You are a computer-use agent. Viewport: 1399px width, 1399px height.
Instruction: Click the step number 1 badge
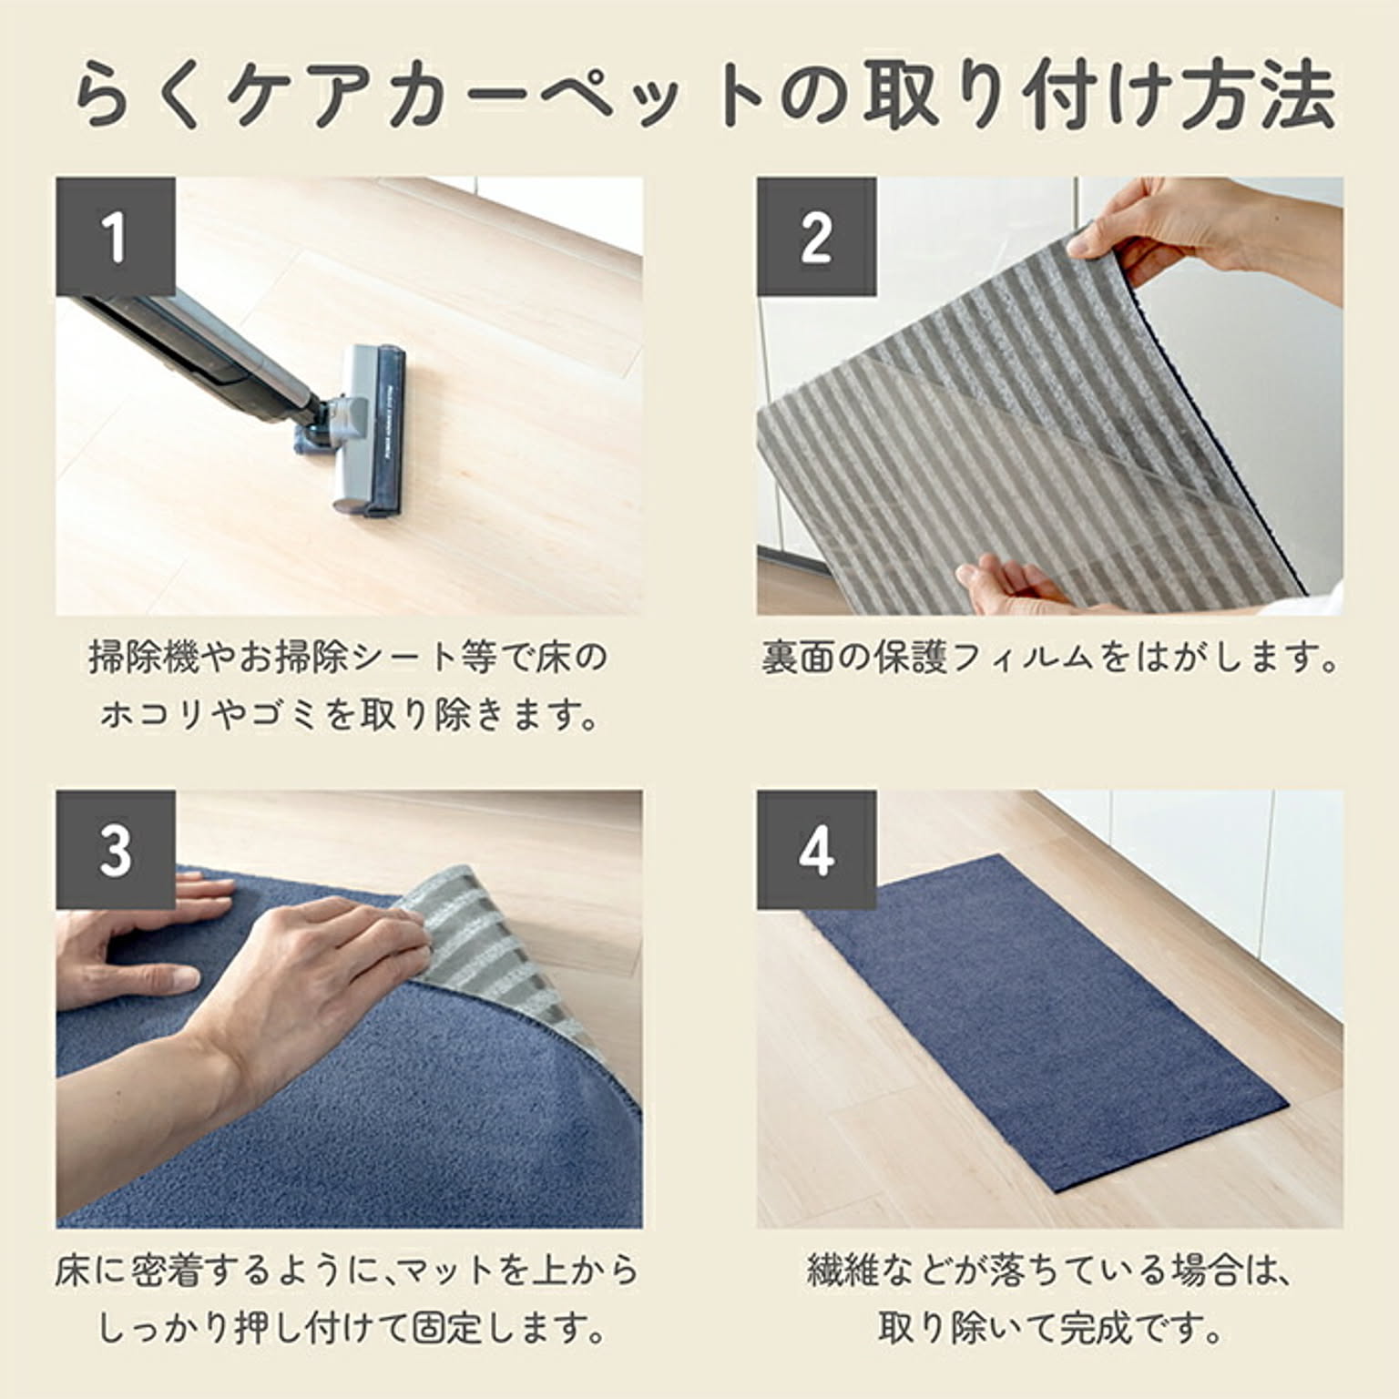116,236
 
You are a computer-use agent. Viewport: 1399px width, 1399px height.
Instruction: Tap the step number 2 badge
816,236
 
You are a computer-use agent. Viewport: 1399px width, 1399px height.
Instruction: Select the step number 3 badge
116,850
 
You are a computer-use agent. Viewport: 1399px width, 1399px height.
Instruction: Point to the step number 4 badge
816,850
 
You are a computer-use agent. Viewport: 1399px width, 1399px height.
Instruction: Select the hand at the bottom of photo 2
1020,588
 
